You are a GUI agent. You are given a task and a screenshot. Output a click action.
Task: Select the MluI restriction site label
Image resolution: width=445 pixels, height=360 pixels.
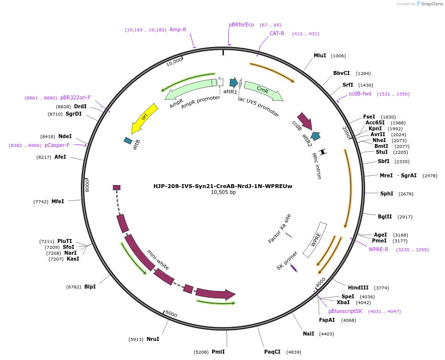click(320, 56)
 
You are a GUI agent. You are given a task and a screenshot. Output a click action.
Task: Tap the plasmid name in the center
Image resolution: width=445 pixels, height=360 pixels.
click(222, 186)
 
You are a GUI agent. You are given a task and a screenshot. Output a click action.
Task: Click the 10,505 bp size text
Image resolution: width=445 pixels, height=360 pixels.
click(223, 192)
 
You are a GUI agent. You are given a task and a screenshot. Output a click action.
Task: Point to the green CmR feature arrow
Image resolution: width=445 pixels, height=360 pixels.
click(263, 91)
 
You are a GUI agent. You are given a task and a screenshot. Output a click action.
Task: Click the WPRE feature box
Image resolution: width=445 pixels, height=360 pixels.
click(315, 240)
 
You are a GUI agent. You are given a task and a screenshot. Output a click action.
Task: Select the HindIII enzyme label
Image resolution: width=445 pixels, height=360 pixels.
click(358, 288)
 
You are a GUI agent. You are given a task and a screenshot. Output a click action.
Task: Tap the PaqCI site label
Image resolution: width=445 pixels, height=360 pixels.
click(272, 352)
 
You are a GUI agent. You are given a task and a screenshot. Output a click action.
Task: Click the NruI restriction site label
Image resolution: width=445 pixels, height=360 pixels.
click(153, 339)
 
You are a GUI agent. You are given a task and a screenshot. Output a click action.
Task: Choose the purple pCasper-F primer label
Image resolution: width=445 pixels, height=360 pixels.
click(57, 145)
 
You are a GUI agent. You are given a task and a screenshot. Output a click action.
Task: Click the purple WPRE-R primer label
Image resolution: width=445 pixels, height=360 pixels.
click(378, 249)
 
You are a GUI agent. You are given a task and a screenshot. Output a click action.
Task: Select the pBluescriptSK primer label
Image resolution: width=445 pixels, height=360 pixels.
click(346, 311)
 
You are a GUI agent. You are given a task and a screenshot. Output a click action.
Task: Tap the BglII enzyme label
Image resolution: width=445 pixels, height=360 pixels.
click(385, 216)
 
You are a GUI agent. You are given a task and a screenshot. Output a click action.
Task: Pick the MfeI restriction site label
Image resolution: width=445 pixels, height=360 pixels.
click(58, 201)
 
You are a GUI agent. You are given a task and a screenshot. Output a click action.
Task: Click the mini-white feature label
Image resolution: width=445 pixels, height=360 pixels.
click(158, 260)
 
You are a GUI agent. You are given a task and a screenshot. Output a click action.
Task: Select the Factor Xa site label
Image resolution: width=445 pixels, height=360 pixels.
click(280, 229)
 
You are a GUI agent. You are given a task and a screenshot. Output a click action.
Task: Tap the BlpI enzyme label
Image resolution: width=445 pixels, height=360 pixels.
click(90, 287)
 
